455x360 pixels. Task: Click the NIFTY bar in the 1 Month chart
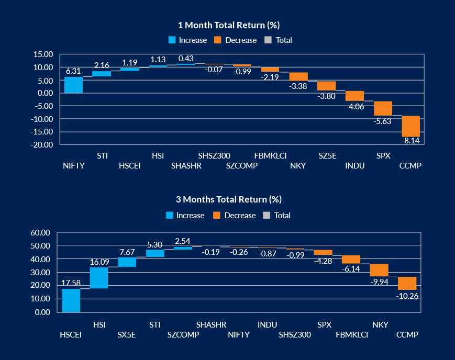pyautogui.click(x=73, y=85)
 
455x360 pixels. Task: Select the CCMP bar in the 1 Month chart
pyautogui.click(x=411, y=126)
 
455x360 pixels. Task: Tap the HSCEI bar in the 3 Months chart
pyautogui.click(x=71, y=300)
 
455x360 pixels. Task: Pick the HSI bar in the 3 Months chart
pyautogui.click(x=99, y=278)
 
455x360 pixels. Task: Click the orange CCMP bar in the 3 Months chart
pyautogui.click(x=407, y=283)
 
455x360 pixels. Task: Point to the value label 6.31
pyautogui.click(x=73, y=71)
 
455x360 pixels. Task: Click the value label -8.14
pyautogui.click(x=411, y=140)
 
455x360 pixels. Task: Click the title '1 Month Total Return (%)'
pyautogui.click(x=227, y=25)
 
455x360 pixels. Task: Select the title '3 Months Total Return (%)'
pyautogui.click(x=227, y=200)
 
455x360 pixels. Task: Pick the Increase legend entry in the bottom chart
pyautogui.click(x=185, y=216)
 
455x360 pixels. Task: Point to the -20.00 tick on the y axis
pyautogui.click(x=42, y=144)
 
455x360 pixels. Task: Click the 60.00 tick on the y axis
pyautogui.click(x=40, y=232)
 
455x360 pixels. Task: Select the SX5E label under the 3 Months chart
pyautogui.click(x=127, y=335)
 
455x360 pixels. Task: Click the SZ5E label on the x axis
pyautogui.click(x=327, y=155)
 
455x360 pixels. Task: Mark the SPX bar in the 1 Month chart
pyautogui.click(x=383, y=108)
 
